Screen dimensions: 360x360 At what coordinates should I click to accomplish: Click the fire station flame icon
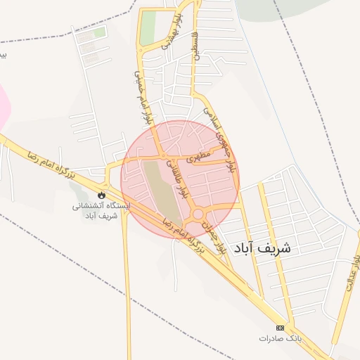(x=103, y=194)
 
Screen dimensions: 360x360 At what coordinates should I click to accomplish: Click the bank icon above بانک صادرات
(x=281, y=328)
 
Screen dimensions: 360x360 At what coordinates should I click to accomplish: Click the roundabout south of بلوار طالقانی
(x=199, y=214)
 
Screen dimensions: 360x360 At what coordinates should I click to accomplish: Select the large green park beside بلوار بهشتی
(x=148, y=28)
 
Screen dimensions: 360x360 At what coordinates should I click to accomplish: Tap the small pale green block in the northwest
(x=99, y=32)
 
